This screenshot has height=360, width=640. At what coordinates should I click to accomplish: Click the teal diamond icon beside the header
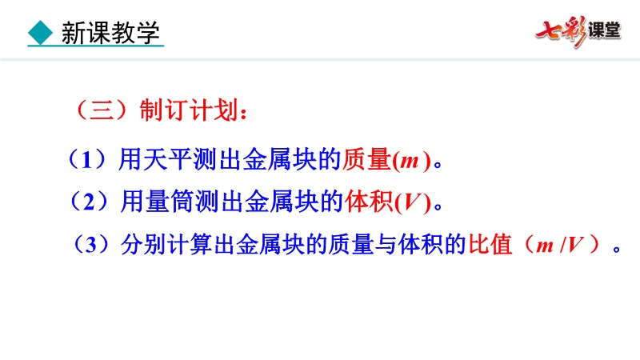pyautogui.click(x=41, y=33)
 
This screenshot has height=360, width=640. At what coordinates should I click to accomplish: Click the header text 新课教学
pyautogui.click(x=110, y=33)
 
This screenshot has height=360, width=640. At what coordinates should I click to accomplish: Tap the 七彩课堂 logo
pyautogui.click(x=578, y=31)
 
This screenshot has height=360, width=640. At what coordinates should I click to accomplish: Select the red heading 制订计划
pyautogui.click(x=189, y=110)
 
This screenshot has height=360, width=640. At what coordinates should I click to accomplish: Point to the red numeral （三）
pyautogui.click(x=102, y=110)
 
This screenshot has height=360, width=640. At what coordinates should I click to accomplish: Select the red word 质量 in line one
pyautogui.click(x=366, y=159)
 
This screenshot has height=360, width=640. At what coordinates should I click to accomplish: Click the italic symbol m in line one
pyautogui.click(x=410, y=161)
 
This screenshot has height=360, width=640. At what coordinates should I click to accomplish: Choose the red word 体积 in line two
pyautogui.click(x=369, y=202)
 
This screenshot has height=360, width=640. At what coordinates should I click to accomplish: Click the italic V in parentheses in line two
pyautogui.click(x=412, y=202)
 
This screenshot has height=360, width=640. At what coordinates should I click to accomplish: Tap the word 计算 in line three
pyautogui.click(x=190, y=245)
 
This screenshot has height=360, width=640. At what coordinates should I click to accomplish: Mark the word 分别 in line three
pyautogui.click(x=144, y=245)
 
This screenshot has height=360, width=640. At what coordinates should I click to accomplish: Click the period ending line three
pyautogui.click(x=616, y=249)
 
